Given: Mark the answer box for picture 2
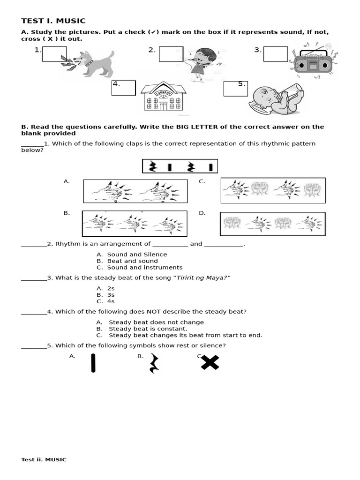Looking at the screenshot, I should click(x=171, y=54).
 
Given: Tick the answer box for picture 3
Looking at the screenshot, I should click(x=275, y=53).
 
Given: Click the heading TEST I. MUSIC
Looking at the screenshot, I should click(x=53, y=21).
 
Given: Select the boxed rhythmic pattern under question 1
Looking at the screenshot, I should click(x=180, y=166).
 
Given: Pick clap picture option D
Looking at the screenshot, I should click(x=273, y=224).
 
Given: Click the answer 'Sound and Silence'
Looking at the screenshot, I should click(x=137, y=255).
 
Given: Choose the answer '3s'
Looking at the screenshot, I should click(x=111, y=295).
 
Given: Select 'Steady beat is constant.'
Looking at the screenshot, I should click(x=148, y=329).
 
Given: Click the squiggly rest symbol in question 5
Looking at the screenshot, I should click(x=153, y=363).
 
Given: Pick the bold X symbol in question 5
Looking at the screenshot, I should click(x=210, y=362).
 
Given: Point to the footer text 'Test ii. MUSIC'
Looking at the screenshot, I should click(x=44, y=459).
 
